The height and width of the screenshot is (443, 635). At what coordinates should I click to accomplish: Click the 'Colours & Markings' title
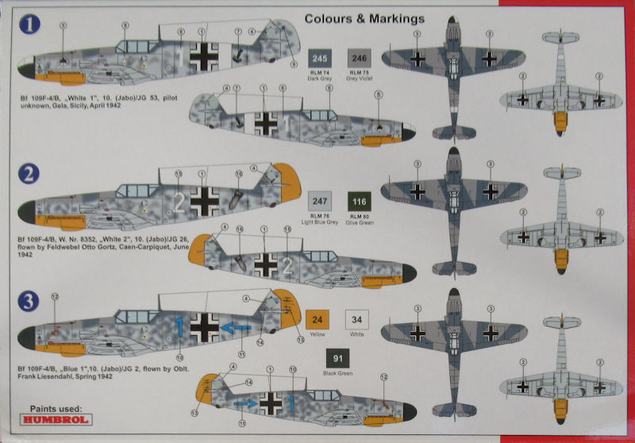364,17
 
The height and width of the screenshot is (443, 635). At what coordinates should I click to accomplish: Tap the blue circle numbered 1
31,25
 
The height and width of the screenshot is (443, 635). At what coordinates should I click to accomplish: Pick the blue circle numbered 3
29,300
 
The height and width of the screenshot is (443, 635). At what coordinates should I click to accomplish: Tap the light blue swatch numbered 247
320,202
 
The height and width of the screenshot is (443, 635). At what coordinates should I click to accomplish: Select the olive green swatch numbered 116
359,202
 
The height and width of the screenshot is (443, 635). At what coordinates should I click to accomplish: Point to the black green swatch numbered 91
338,357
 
